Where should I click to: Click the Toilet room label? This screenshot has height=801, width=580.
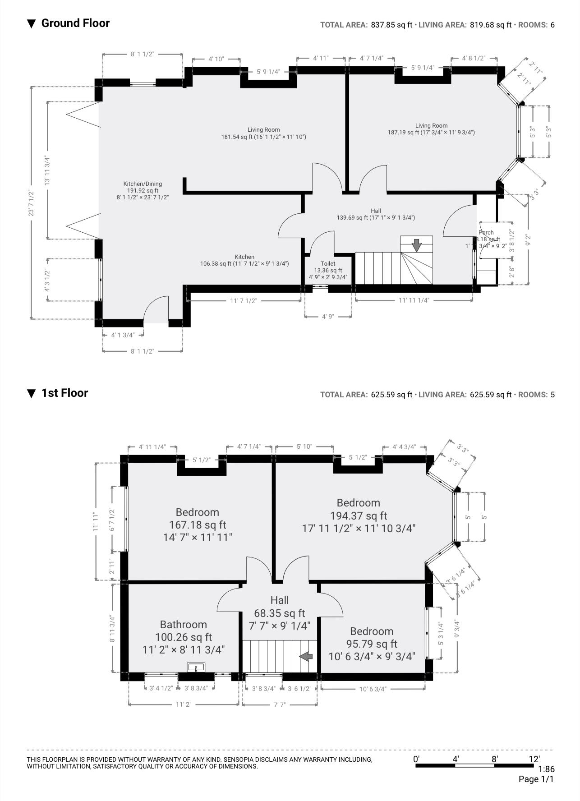[x=328, y=263]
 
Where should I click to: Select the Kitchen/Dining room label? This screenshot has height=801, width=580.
[x=143, y=184]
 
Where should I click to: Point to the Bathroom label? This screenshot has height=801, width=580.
[x=184, y=625]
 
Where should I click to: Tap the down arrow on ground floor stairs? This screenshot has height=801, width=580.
[x=417, y=245]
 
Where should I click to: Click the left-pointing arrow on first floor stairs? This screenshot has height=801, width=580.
[x=307, y=656]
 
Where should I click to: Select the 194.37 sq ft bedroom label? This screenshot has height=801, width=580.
[x=359, y=515]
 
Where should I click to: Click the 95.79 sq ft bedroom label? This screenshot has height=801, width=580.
[x=372, y=644]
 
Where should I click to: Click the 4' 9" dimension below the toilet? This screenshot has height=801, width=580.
[x=328, y=317]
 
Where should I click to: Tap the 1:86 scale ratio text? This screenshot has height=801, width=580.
[x=546, y=769]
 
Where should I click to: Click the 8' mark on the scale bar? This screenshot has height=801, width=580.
[x=495, y=759]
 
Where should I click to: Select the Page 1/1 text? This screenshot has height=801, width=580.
[x=536, y=779]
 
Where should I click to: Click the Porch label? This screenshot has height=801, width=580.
[x=486, y=233]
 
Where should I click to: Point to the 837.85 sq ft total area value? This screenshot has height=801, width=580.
[x=391, y=25]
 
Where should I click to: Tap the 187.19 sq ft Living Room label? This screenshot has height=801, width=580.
[x=431, y=129]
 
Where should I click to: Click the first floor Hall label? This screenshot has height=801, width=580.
[x=280, y=600]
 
